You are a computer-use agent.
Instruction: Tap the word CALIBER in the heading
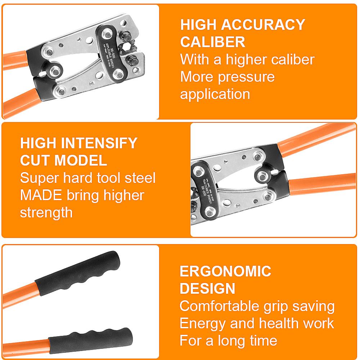(x=213, y=42)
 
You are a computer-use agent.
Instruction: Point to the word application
(x=215, y=94)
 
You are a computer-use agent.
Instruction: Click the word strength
(x=46, y=212)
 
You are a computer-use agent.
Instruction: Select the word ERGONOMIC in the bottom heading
(x=225, y=271)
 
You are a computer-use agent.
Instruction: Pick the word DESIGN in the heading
(x=207, y=288)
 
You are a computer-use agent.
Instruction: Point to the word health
(x=274, y=323)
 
